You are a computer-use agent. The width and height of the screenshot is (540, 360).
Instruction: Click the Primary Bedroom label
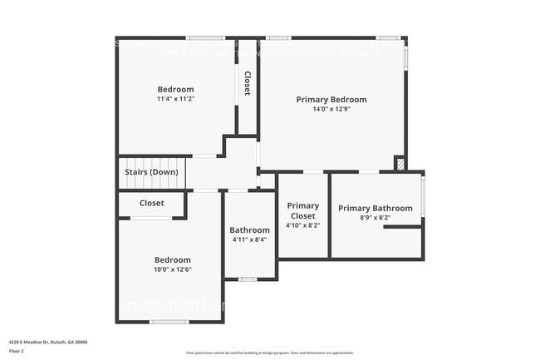(x=331, y=100)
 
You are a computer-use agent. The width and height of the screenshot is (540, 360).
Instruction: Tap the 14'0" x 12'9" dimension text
(x=331, y=109)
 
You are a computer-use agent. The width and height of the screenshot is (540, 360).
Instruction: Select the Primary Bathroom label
(x=375, y=208)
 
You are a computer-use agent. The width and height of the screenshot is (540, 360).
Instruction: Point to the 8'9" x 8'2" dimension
(x=375, y=218)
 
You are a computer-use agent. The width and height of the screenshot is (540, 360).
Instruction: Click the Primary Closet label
(x=302, y=210)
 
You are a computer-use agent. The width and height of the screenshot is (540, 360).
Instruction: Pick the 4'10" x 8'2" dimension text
(x=302, y=225)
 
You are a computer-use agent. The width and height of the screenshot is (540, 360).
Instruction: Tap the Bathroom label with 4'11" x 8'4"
(x=249, y=230)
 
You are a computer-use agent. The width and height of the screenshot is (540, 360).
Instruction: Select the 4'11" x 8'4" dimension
(x=249, y=240)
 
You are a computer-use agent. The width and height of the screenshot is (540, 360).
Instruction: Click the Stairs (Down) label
(x=151, y=172)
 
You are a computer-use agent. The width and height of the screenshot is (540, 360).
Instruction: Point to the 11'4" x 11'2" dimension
(x=175, y=99)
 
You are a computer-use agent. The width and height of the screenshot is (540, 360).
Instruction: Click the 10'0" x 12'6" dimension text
(x=172, y=269)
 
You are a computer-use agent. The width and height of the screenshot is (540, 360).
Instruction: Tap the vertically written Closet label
(x=247, y=83)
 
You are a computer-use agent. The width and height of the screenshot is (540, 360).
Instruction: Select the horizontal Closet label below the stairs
(x=151, y=203)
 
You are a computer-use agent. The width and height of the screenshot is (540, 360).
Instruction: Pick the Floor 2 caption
(x=17, y=351)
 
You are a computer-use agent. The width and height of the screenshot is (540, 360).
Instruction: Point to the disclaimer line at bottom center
(x=269, y=353)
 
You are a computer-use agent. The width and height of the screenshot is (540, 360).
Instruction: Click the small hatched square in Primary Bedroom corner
(x=400, y=164)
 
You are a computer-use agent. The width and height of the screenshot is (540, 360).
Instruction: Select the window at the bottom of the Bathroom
(x=247, y=279)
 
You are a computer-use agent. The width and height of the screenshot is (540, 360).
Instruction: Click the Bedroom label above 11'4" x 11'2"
(x=175, y=89)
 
